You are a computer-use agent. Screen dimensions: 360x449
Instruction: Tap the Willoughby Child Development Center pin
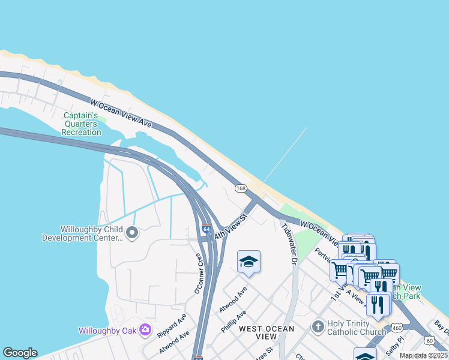coord(132,232)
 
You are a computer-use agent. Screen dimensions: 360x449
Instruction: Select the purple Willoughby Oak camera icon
coord(145,329)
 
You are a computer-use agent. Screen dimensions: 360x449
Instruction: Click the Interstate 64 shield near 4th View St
coord(206,229)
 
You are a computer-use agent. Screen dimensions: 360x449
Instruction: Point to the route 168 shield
coord(241,188)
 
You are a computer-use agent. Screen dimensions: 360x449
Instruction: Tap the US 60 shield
coord(429,340)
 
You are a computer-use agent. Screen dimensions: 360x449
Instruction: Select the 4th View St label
coord(231,224)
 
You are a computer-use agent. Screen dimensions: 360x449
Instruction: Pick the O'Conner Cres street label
coord(198,273)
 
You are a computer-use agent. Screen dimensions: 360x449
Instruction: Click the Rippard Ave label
coord(171,324)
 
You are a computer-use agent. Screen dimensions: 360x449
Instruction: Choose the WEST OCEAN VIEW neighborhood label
coord(267,332)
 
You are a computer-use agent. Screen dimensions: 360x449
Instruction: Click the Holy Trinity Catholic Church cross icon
coord(318,327)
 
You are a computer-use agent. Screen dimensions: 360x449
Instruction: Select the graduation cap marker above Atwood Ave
coord(249,262)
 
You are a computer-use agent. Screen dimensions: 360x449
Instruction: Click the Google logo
coord(20,353)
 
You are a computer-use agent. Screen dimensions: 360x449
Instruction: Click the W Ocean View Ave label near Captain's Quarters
coord(121,113)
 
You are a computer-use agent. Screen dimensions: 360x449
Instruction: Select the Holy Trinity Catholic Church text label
coord(357,328)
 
